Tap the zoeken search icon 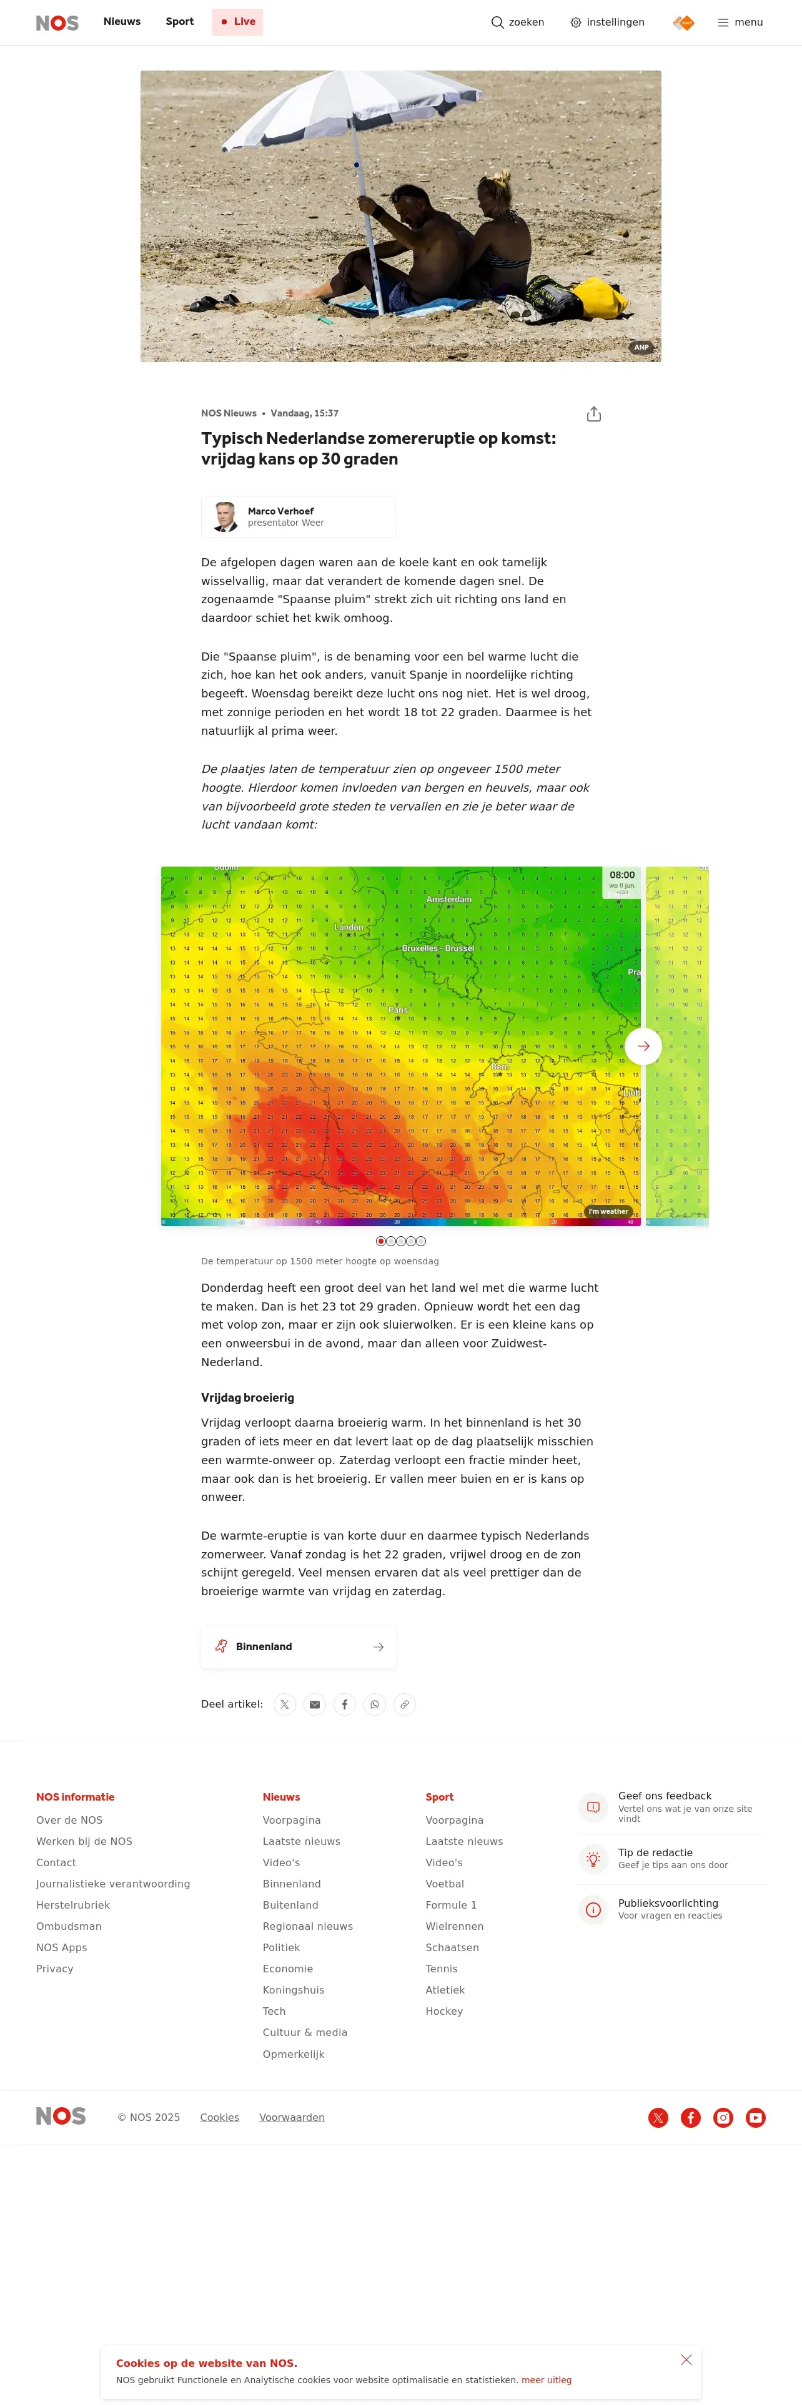[x=498, y=22]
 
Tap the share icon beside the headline [x=594, y=415]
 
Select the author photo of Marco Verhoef [x=225, y=516]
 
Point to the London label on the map [x=349, y=927]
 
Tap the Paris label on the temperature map [x=398, y=1009]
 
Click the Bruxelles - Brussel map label [x=438, y=948]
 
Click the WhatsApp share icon [x=374, y=1704]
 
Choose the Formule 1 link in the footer [x=451, y=1904]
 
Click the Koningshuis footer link [x=293, y=1990]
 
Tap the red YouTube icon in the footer [x=755, y=2117]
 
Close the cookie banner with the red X [x=686, y=2359]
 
